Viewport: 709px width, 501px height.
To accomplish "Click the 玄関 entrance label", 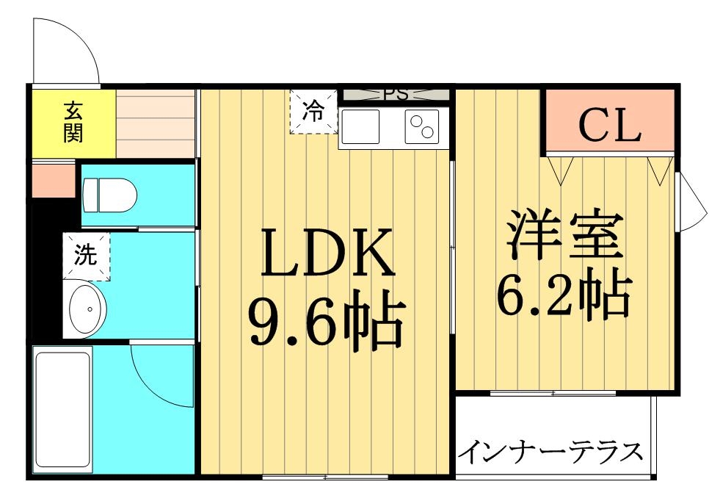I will click(x=73, y=122).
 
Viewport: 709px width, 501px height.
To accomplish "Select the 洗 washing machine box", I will click(x=86, y=256).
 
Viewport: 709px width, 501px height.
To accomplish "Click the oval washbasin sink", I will click(x=87, y=310).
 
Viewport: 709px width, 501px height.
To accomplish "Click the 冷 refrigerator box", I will click(x=313, y=112).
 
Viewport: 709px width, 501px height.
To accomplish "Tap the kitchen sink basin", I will click(x=360, y=126).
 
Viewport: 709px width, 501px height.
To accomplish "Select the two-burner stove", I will click(x=422, y=126).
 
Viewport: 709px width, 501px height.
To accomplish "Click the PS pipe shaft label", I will click(x=396, y=95).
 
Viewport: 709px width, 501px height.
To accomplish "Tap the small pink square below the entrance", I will click(x=54, y=181).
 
